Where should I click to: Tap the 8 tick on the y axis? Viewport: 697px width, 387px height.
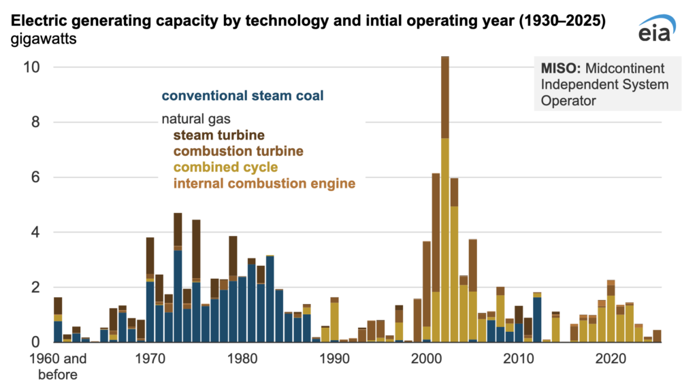(41, 122)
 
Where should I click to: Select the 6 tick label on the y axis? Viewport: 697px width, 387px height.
(41, 178)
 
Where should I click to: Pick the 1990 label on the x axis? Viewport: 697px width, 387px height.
(334, 358)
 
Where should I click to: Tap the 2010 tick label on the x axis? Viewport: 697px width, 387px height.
(519, 358)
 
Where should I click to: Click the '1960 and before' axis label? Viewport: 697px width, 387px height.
(58, 365)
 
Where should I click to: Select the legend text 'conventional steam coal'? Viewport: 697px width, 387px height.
(242, 96)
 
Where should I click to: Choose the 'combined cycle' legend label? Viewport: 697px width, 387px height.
(225, 167)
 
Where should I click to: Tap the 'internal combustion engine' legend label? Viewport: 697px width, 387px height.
(264, 184)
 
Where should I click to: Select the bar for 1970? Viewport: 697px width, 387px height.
(150, 292)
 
